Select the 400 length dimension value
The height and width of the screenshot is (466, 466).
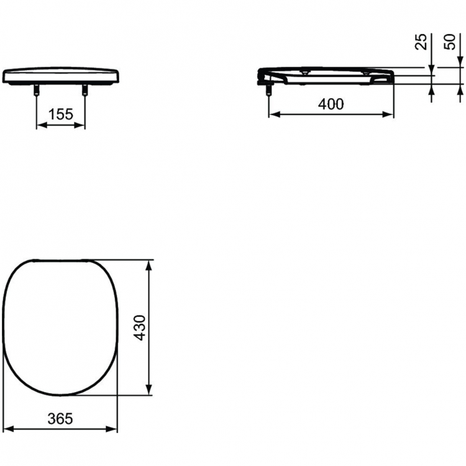331,104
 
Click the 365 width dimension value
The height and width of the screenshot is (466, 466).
60,419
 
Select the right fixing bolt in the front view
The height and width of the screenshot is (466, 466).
85,91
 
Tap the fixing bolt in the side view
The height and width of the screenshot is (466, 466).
269,91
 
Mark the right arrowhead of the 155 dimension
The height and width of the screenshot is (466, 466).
81,125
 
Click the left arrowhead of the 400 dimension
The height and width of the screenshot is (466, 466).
272,115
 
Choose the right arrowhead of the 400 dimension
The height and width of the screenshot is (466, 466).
390,115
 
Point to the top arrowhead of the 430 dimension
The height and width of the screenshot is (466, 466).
148,264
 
